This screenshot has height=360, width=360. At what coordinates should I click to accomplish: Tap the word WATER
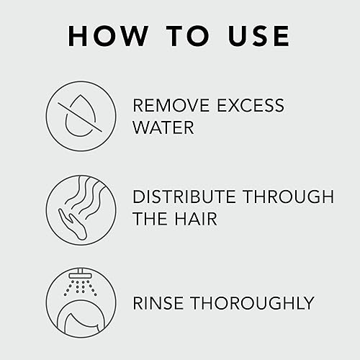pyautogui.click(x=163, y=127)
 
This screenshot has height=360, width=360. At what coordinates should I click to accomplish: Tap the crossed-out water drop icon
pyautogui.click(x=76, y=116)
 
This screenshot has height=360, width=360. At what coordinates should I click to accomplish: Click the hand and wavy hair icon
pyautogui.click(x=76, y=207)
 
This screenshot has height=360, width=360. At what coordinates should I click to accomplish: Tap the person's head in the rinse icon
pyautogui.click(x=76, y=318)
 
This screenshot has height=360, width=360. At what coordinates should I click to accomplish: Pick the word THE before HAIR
pyautogui.click(x=152, y=218)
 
